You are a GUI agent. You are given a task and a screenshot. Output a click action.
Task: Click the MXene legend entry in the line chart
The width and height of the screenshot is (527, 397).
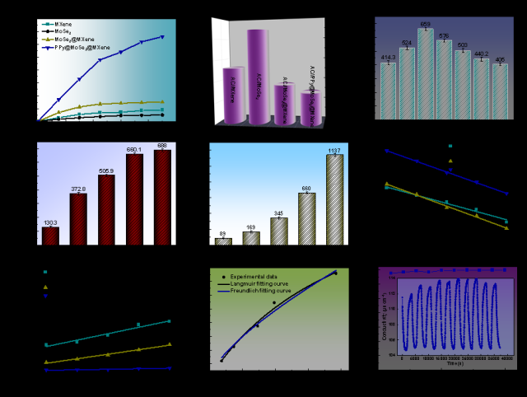(x=60, y=24)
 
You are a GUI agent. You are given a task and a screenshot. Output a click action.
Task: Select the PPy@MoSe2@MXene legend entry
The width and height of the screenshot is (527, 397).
(x=74, y=48)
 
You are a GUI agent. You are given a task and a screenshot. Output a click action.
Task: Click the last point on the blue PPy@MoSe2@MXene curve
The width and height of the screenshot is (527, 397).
(x=163, y=37)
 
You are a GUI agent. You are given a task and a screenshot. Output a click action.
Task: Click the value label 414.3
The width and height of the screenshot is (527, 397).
(x=388, y=57)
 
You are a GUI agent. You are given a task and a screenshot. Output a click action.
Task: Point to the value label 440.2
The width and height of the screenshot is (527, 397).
(x=481, y=53)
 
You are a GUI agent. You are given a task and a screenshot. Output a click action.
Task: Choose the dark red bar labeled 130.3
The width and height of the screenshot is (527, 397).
(x=50, y=236)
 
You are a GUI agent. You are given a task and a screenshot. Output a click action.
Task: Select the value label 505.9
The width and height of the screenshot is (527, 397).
(x=106, y=170)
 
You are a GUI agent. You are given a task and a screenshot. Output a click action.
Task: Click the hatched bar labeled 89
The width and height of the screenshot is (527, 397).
(x=223, y=241)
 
